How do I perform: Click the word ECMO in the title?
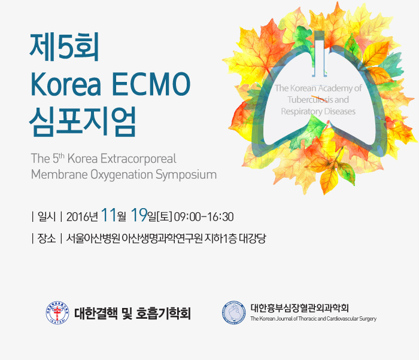(x=151, y=84)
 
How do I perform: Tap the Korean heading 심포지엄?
(x=83, y=121)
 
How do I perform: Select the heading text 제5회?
(x=65, y=47)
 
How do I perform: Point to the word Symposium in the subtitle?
(x=186, y=175)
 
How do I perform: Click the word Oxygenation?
(x=122, y=175)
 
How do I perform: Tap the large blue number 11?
(x=109, y=215)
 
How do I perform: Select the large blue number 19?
(x=139, y=215)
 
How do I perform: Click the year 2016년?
(x=83, y=216)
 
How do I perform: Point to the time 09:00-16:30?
(x=204, y=216)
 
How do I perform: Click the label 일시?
(x=47, y=216)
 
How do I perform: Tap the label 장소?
(x=47, y=238)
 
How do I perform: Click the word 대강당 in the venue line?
(x=252, y=238)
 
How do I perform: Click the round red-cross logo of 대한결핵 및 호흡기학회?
(x=57, y=313)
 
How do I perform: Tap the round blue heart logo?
(x=234, y=313)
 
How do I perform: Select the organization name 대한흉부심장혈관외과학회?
(x=299, y=308)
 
